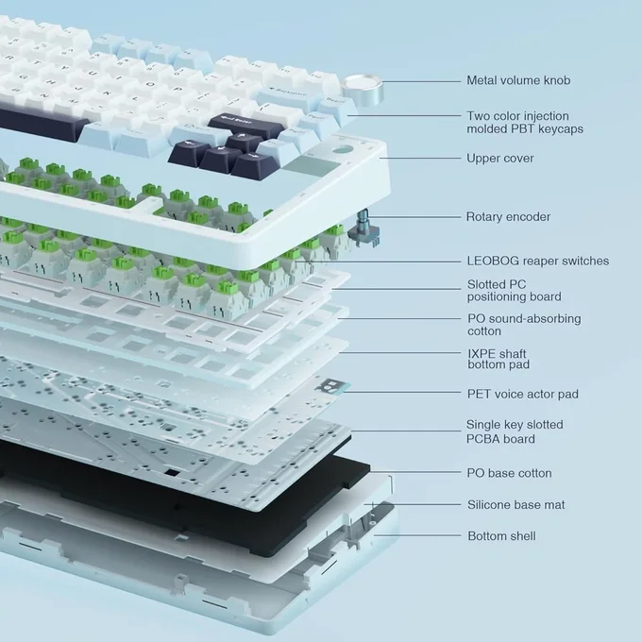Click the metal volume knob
(363, 89)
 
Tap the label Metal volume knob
(518, 80)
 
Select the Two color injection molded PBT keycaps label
(525, 122)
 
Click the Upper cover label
(500, 158)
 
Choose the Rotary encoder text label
(508, 216)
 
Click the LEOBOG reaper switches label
(538, 261)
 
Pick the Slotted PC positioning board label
(515, 290)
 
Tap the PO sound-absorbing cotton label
(524, 325)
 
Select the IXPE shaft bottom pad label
(498, 359)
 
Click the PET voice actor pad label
(523, 394)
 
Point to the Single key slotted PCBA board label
(515, 431)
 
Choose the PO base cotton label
(509, 473)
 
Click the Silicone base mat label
(515, 504)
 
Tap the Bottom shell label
(501, 536)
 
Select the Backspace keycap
(288, 96)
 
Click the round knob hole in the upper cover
(343, 150)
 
